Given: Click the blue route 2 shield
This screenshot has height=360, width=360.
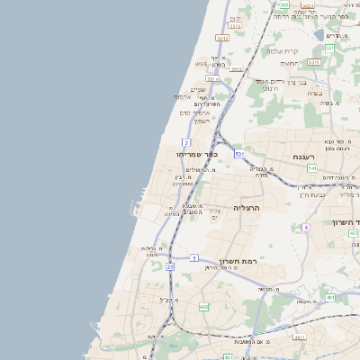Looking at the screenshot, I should pos(185,142).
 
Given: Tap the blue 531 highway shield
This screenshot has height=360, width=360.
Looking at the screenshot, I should pos(239,155).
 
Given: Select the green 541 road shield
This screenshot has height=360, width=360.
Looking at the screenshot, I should pos(311,167).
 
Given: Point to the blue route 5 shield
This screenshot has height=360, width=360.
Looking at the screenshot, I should pos(193,258).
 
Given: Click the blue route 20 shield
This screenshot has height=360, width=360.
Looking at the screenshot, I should pos(169,266).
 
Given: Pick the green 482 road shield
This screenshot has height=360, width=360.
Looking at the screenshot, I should pos(203,307).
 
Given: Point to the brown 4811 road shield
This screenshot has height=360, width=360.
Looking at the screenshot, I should pos(228,357).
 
